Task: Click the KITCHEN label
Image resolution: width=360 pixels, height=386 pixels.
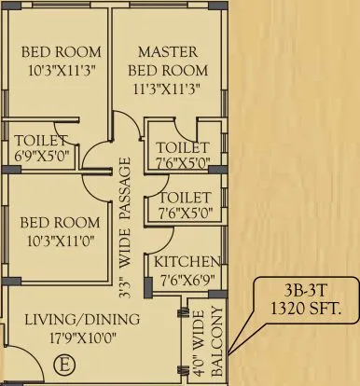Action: (x=187, y=261)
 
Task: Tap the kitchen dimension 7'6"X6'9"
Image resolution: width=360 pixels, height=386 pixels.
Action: (x=187, y=277)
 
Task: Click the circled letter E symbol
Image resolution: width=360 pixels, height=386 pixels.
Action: (x=64, y=363)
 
